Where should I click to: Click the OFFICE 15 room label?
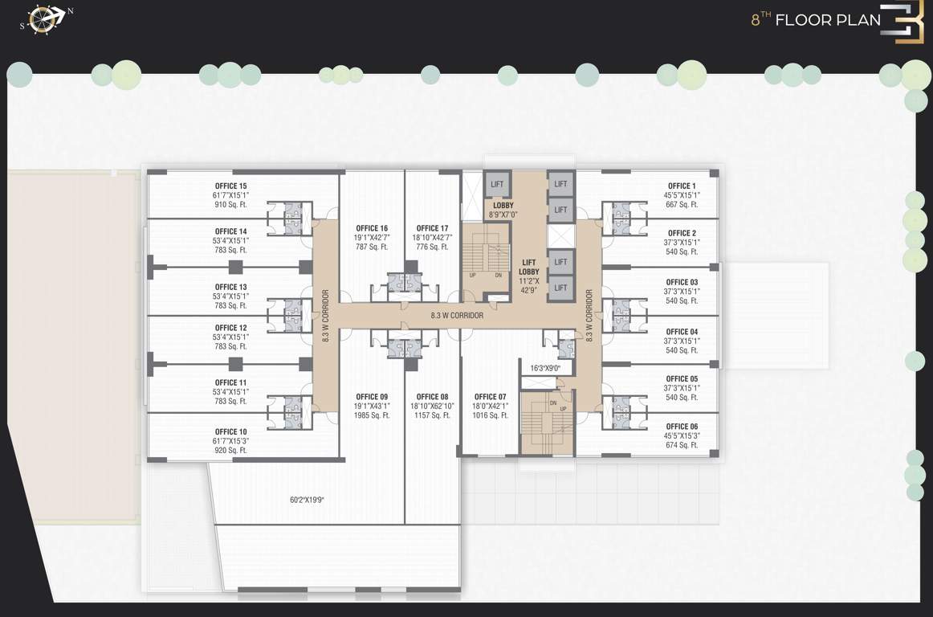(x=230, y=186)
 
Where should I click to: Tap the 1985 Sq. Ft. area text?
(x=372, y=415)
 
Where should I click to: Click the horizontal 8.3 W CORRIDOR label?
(x=457, y=316)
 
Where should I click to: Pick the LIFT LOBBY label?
(x=529, y=267)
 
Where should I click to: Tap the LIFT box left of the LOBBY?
(x=497, y=184)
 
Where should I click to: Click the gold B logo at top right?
(x=902, y=23)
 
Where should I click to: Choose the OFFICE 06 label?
(x=682, y=427)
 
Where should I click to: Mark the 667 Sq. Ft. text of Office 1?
(x=682, y=204)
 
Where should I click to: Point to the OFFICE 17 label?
(x=432, y=228)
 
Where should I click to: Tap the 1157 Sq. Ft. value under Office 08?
(x=433, y=415)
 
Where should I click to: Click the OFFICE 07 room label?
(x=491, y=397)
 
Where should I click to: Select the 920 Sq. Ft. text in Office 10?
(x=230, y=451)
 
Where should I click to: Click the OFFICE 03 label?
(x=682, y=282)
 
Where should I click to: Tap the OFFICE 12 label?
(x=230, y=328)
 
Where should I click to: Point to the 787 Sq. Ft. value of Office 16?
(x=372, y=247)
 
